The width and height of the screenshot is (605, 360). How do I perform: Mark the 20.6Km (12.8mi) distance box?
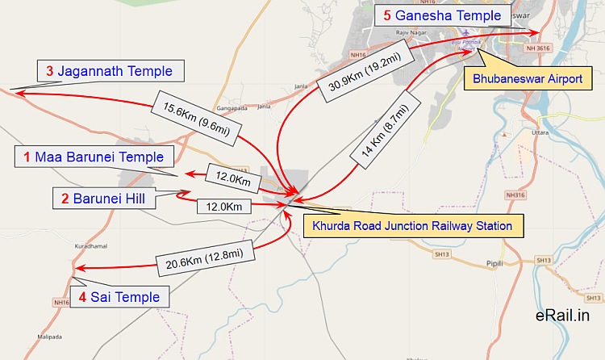tap(210, 261)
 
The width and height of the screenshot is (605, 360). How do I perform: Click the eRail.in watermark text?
tap(560, 317)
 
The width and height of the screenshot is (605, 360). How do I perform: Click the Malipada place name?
tap(49, 335)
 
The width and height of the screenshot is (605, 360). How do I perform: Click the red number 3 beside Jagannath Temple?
tap(50, 71)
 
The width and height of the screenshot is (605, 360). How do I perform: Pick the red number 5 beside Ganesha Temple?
tap(386, 15)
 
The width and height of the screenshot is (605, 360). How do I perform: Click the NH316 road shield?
tap(515, 195)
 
